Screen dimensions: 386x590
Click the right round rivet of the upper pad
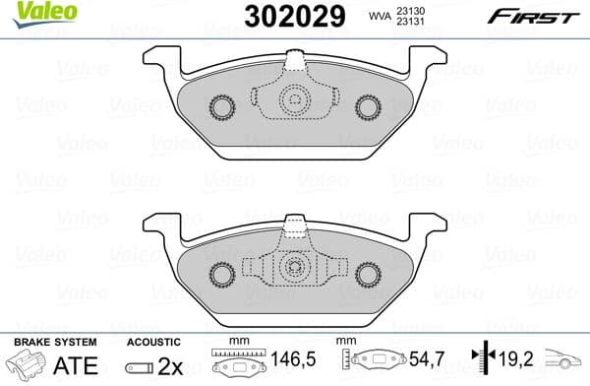(368, 106)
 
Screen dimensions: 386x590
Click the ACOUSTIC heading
(151, 341)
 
